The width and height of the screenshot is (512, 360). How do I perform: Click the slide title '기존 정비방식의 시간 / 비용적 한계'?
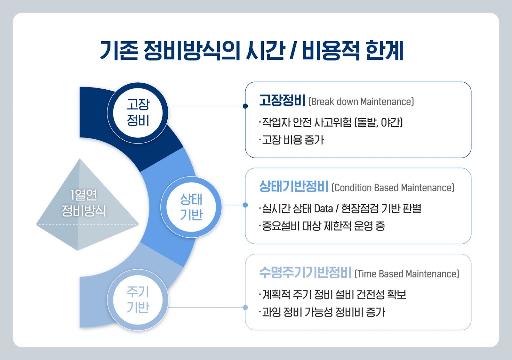(252, 51)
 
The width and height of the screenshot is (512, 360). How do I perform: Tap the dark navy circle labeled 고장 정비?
(138, 113)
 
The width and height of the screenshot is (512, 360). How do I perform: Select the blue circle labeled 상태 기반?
(191, 207)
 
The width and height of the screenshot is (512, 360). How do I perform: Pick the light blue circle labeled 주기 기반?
(138, 299)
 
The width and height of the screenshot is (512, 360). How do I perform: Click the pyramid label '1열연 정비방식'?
(84, 203)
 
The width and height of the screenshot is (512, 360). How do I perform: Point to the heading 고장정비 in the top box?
(282, 100)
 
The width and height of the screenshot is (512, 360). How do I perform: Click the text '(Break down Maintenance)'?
(361, 102)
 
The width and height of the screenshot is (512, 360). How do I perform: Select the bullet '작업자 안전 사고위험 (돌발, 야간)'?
(331, 122)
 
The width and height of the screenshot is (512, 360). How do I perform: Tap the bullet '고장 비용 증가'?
(292, 140)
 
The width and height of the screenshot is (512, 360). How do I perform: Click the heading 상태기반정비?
(294, 186)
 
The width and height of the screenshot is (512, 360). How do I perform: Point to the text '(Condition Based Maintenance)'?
(393, 188)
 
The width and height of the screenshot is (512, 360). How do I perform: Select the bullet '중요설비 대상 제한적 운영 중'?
(322, 226)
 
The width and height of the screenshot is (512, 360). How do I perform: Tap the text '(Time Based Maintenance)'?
(407, 274)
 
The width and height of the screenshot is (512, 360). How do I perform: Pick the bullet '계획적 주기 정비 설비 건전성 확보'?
(332, 294)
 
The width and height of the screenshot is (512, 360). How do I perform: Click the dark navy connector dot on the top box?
(245, 106)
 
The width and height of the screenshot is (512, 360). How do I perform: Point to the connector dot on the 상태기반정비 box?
(245, 205)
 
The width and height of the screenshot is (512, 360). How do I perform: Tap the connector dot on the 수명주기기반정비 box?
(245, 307)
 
